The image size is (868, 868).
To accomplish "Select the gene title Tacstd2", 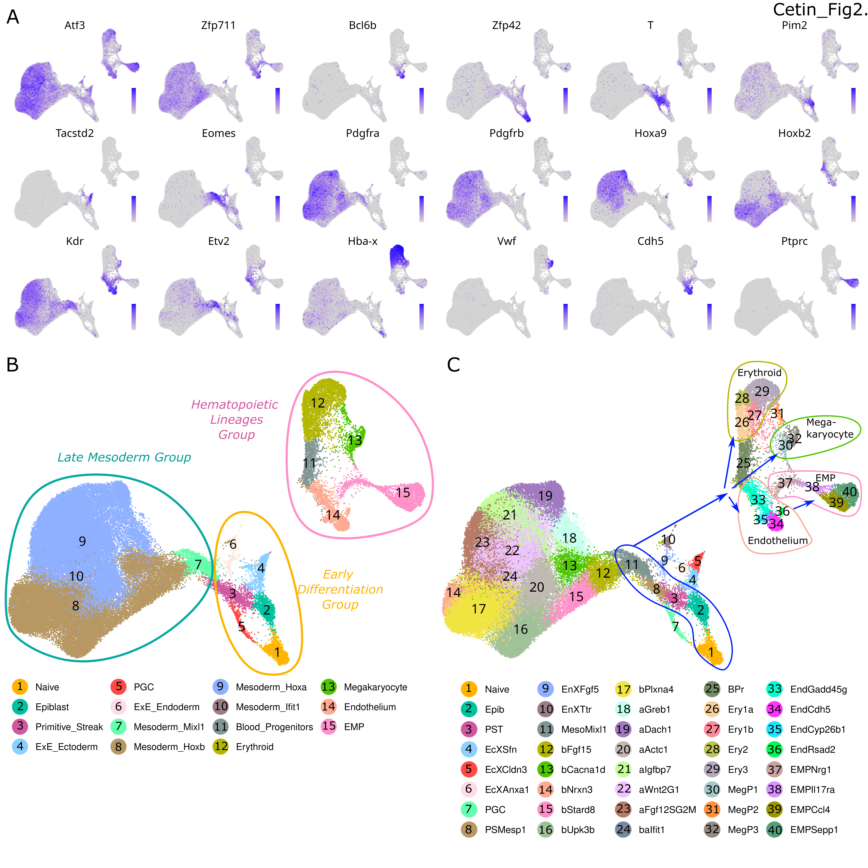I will pyautogui.click(x=75, y=133).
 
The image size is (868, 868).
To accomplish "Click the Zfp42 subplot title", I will pyautogui.click(x=506, y=26).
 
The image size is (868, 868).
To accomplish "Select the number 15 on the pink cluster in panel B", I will pyautogui.click(x=403, y=493).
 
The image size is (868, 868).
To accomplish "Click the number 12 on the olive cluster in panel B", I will pyautogui.click(x=318, y=403).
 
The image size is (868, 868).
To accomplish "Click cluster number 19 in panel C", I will pyautogui.click(x=545, y=496).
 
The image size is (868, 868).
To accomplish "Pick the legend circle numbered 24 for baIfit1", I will pyautogui.click(x=623, y=829).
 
